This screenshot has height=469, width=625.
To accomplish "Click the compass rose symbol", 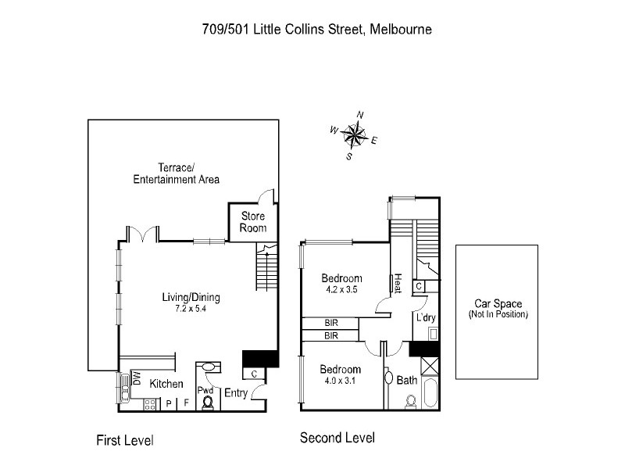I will click(355, 136).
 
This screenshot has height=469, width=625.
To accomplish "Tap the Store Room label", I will click(253, 222).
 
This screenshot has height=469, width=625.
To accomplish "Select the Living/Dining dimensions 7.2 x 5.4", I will click(191, 309).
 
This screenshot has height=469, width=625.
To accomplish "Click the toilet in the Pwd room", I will click(208, 403).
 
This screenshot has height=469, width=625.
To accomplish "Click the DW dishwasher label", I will click(137, 379).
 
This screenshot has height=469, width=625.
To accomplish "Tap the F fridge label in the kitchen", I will click(186, 403).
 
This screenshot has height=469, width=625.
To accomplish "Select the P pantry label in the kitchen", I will click(169, 403).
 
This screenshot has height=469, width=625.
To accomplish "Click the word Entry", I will click(236, 393).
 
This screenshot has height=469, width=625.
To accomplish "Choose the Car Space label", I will click(498, 304).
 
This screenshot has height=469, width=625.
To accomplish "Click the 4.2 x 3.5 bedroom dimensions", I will click(341, 289).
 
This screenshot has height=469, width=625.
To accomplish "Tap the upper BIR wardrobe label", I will click(331, 323).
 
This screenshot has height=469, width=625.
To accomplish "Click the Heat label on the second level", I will click(398, 283).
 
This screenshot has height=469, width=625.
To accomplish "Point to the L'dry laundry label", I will click(426, 317).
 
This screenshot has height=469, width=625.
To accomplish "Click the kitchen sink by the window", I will click(125, 385).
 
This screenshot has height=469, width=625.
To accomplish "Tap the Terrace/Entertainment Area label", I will click(176, 173).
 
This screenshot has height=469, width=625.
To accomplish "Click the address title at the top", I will click(312, 30).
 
